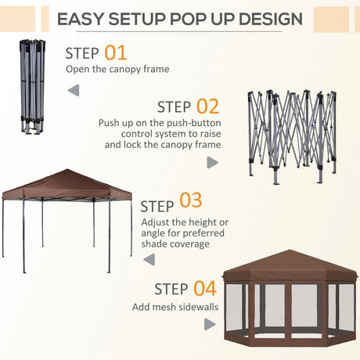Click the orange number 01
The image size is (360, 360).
coord(115,53)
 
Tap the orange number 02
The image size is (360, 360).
coord(207,106)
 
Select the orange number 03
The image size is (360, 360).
coord(190,201)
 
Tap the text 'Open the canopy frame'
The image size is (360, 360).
coord(117,70)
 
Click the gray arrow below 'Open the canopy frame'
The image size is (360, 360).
coord(73,91)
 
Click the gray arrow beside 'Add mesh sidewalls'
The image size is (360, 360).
coord(211,324)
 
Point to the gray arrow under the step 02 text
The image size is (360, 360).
coord(212,162)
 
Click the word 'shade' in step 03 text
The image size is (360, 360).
coord(154,243)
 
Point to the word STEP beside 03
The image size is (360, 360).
coord(157,207)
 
